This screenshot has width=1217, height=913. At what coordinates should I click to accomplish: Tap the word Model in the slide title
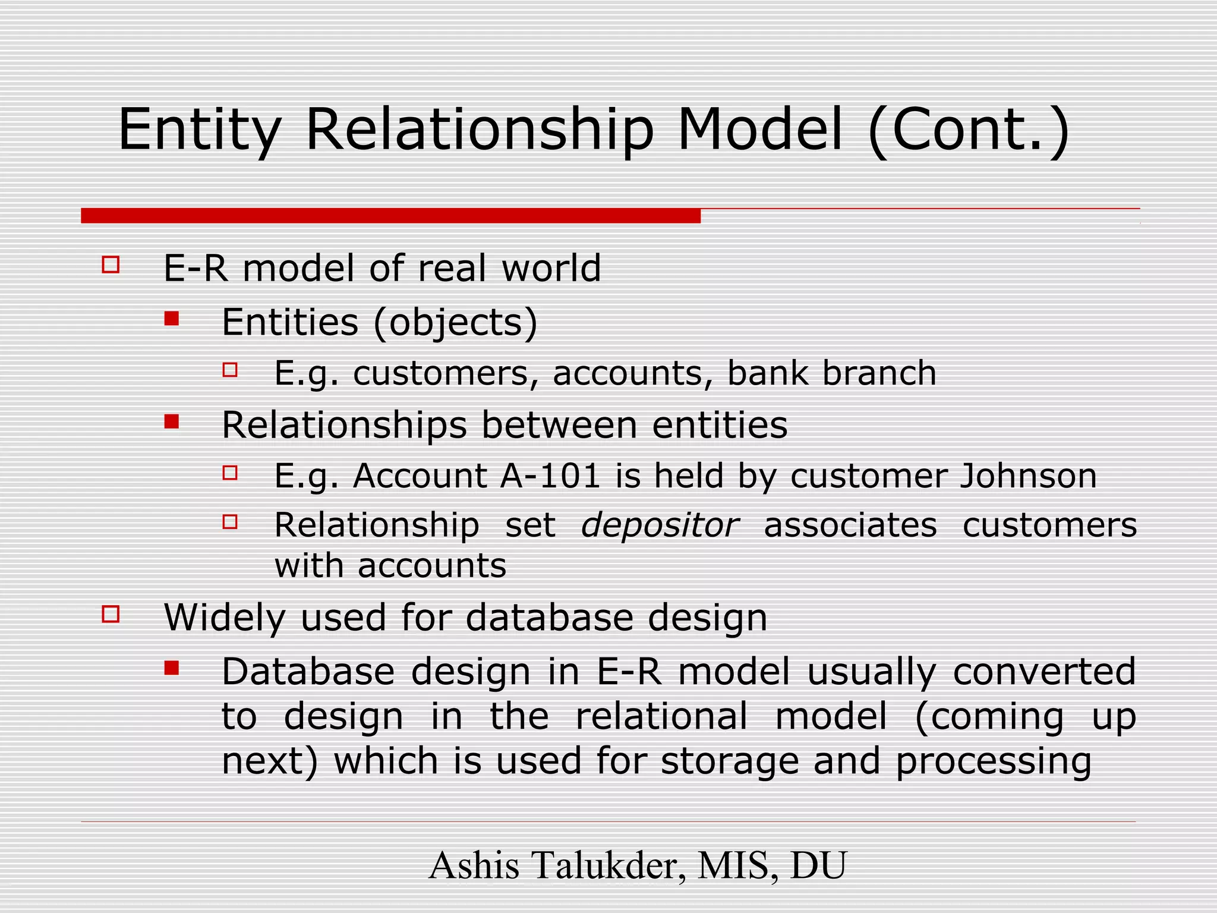tap(760, 130)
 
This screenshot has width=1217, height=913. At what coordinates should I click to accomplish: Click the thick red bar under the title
tap(390, 216)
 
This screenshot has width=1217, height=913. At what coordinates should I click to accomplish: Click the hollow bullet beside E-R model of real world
tap(111, 265)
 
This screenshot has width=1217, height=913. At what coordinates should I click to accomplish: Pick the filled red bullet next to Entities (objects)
tap(172, 319)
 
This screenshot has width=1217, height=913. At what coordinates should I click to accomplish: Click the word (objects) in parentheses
tap(456, 323)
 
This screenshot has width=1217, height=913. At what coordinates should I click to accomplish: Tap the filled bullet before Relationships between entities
tap(172, 422)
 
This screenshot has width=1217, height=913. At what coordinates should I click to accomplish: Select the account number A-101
tap(550, 476)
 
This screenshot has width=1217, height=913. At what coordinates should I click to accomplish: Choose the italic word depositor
tap(660, 525)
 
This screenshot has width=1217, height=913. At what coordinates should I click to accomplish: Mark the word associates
tap(850, 525)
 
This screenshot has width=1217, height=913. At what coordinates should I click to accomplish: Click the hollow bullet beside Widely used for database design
tap(111, 613)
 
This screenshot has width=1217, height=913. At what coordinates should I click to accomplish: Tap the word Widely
tap(225, 618)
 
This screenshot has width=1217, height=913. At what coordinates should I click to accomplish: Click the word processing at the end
tap(994, 761)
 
